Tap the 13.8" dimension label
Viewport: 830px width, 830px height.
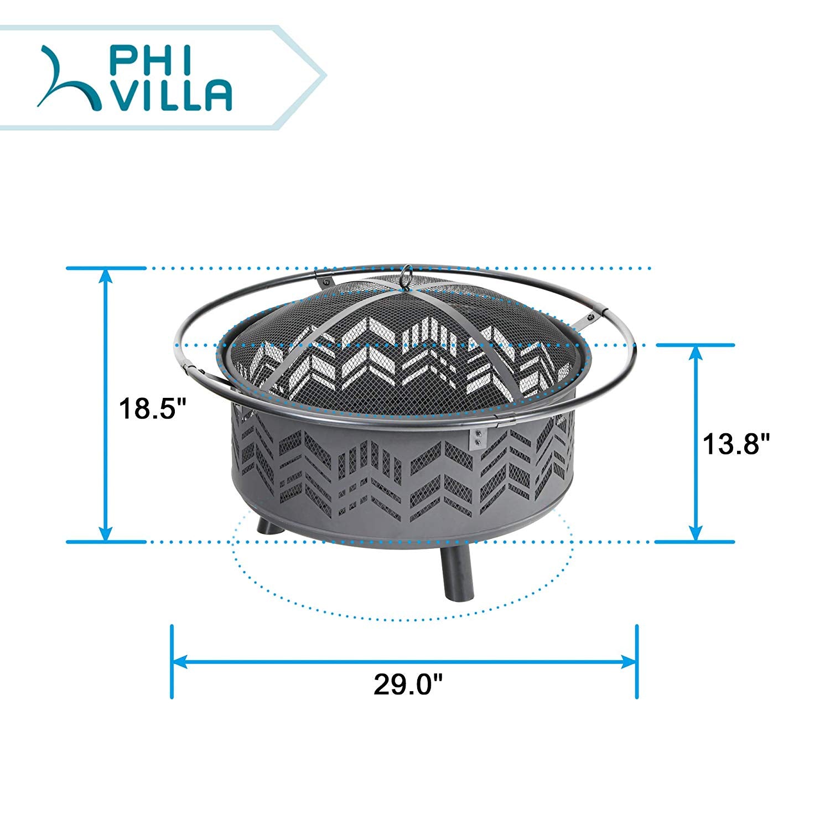coord(736,444)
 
